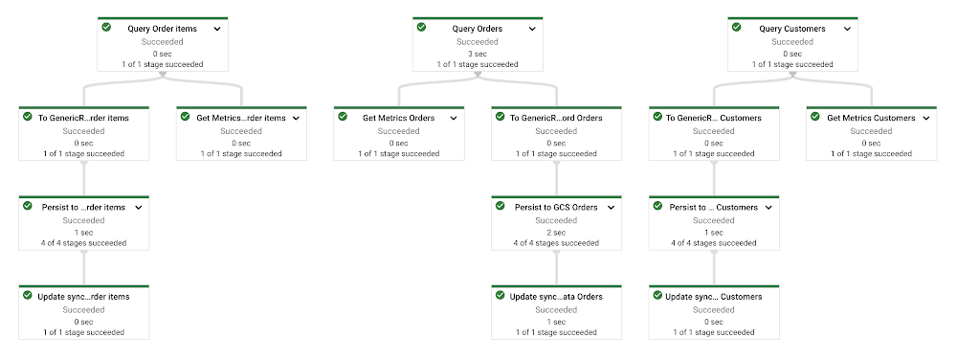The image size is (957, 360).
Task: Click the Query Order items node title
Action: (162, 29)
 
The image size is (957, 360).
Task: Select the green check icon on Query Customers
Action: (736, 27)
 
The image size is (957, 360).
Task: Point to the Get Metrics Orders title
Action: (398, 118)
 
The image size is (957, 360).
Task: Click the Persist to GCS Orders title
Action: (554, 207)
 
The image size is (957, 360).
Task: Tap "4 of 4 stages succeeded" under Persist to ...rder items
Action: (84, 243)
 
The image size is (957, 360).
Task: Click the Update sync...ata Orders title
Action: (556, 297)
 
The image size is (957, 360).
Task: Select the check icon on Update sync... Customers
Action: (656, 295)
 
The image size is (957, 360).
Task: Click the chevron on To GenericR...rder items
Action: (139, 118)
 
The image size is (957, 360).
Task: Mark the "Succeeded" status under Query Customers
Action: (791, 42)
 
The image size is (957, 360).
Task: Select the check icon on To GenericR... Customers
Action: (657, 116)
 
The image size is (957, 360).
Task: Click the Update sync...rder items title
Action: (84, 297)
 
